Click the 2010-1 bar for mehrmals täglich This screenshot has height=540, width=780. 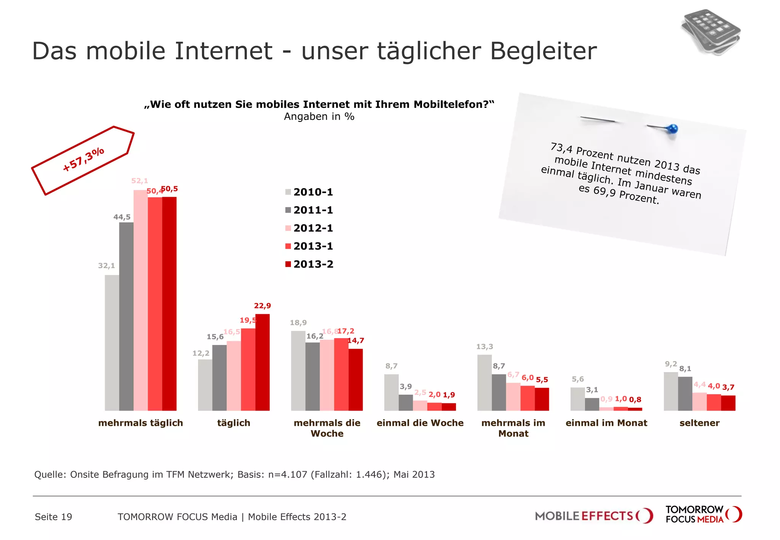pyautogui.click(x=112, y=343)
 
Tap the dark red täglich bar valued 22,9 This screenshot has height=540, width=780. pyautogui.click(x=262, y=362)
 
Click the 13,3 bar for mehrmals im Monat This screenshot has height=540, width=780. pyautogui.click(x=484, y=383)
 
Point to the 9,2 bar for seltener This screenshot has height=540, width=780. pyautogui.click(x=671, y=391)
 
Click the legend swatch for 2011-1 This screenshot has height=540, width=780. pyautogui.click(x=288, y=210)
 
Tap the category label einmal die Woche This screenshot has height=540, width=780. pyautogui.click(x=420, y=423)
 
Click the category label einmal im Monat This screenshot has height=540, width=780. pyautogui.click(x=606, y=423)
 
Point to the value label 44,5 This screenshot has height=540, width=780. pyautogui.click(x=122, y=217)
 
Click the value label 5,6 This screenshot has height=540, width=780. pyautogui.click(x=577, y=379)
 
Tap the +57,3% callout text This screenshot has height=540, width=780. pyautogui.click(x=83, y=159)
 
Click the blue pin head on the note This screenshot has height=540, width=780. pyautogui.click(x=673, y=129)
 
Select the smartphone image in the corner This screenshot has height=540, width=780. pyautogui.click(x=711, y=32)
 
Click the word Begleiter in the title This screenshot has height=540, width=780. pyautogui.click(x=543, y=51)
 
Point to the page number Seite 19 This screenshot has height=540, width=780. pyautogui.click(x=53, y=517)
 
